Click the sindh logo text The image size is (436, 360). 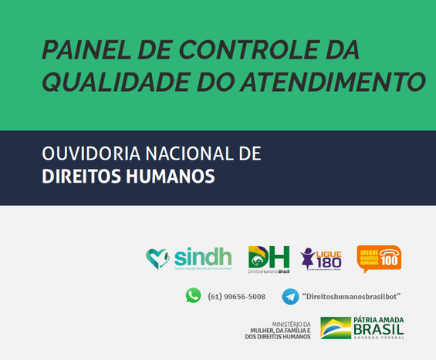[x=202, y=256]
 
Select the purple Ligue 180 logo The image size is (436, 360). [x=321, y=259]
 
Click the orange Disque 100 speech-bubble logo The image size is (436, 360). [x=379, y=258]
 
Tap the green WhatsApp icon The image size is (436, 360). [x=193, y=295]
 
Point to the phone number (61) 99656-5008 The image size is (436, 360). [x=236, y=297]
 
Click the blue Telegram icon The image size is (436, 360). [x=290, y=297]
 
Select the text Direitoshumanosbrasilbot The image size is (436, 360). [x=351, y=297]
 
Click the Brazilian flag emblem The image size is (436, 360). [x=334, y=328]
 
